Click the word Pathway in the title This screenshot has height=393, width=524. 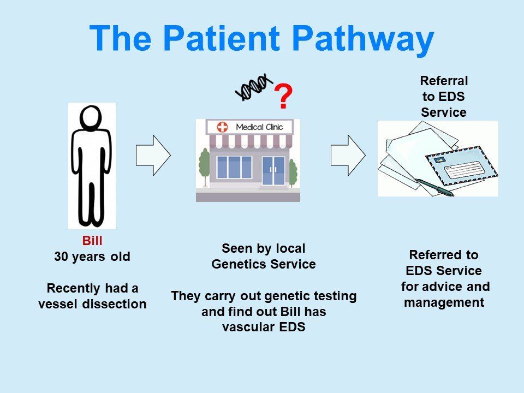click(362, 39)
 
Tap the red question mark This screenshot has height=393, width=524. click(283, 98)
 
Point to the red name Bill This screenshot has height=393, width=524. click(92, 241)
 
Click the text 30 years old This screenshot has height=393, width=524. click(92, 257)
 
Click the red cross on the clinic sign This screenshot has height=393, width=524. click(222, 127)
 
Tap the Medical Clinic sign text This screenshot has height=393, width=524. click(260, 127)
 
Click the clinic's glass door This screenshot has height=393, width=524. click(273, 170)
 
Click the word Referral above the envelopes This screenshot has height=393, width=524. click(444, 81)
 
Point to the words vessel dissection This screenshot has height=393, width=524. click(92, 305)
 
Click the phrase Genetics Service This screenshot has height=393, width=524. click(263, 264)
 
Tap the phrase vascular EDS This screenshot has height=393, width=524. click(263, 327)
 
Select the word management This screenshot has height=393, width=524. click(444, 302)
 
